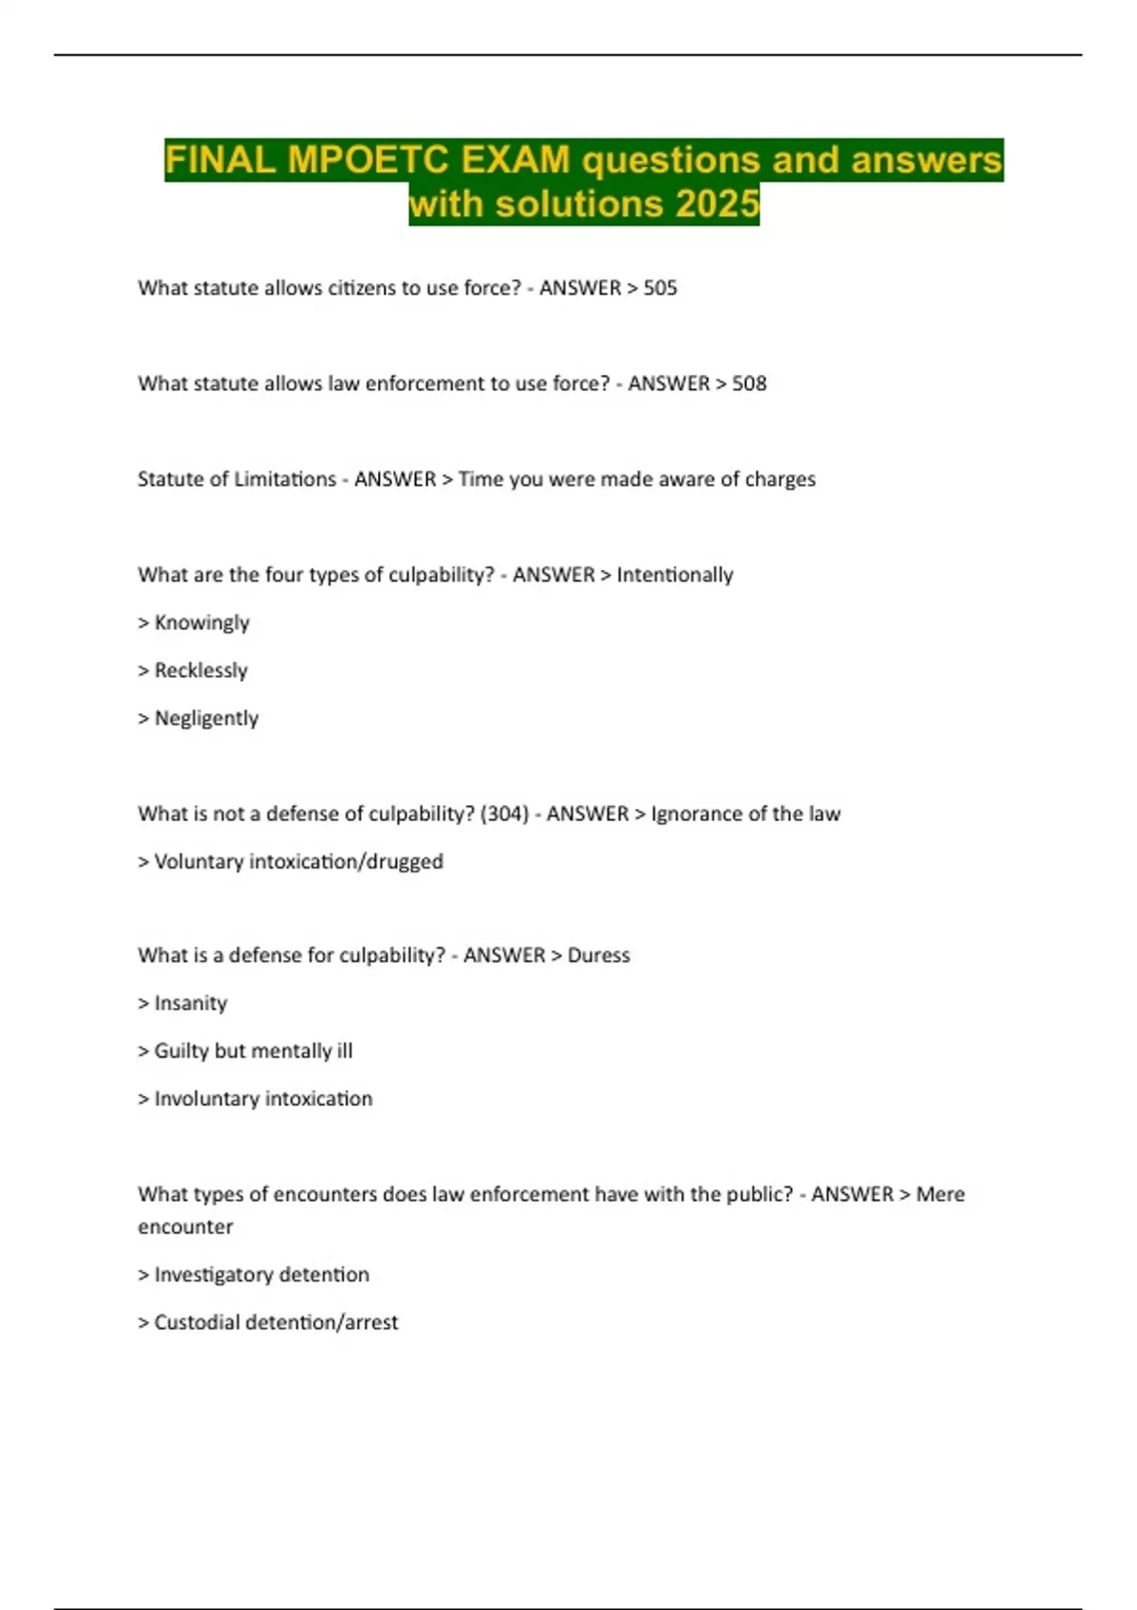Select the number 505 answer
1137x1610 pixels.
click(x=660, y=288)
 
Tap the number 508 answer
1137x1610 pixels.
click(x=749, y=384)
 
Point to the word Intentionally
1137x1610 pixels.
click(x=675, y=575)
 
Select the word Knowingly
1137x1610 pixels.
click(x=202, y=623)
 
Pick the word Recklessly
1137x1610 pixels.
click(x=201, y=671)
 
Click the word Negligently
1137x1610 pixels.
click(x=207, y=719)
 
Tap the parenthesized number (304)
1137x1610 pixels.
click(x=504, y=814)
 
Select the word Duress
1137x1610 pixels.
click(x=599, y=956)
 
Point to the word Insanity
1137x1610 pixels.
click(x=190, y=1003)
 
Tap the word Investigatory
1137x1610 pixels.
click(x=209, y=1275)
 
